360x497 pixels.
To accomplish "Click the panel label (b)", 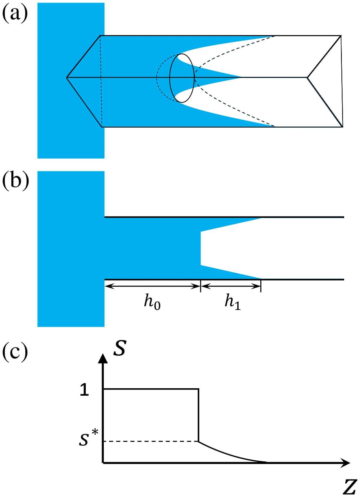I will (15, 181).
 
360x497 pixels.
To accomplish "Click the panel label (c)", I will (15, 352).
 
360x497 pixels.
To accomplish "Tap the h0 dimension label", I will (152, 302).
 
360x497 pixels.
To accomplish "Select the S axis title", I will (119, 348).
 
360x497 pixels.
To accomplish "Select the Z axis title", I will (350, 487).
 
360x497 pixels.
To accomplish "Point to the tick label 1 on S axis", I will (84, 390).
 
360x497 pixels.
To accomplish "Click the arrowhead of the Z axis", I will (345, 463).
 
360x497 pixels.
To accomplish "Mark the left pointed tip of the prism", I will (67, 77).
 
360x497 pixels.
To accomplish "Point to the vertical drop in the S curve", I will (199, 415).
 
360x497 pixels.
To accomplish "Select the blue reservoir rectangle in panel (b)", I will (71, 248).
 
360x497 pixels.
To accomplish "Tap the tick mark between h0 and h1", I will (201, 286).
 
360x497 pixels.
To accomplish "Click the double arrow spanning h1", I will (231, 286).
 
